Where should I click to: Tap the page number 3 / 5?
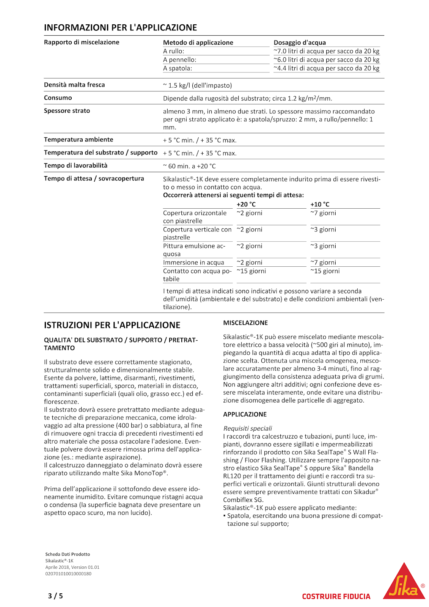point(55,596)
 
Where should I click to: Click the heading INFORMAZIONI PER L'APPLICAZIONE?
point(120,28)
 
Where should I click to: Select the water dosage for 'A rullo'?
point(326,51)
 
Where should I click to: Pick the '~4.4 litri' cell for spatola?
point(326,68)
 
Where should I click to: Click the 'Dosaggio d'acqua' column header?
point(300,42)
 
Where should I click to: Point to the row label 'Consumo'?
point(58,98)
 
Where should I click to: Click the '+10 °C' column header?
point(320,204)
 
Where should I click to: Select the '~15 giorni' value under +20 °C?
point(251,271)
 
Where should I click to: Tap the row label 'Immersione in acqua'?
point(193,263)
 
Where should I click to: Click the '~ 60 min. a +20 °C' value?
point(189,166)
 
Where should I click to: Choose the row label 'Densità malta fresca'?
point(74,85)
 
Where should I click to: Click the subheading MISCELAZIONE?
point(245,323)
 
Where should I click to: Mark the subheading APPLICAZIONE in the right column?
point(245,414)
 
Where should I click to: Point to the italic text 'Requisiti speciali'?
point(247,428)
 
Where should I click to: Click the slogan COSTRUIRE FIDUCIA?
point(336,596)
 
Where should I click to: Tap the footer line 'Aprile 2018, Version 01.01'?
point(72,567)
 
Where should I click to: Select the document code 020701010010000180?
point(68,574)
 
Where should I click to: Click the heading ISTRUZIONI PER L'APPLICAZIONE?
point(112,325)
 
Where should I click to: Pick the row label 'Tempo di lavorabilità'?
point(75,165)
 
